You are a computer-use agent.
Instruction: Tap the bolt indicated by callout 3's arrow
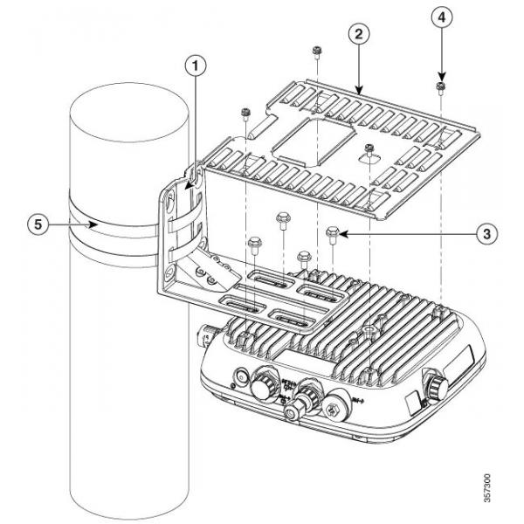point(331,233)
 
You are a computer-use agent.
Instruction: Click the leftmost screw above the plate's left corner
point(247,114)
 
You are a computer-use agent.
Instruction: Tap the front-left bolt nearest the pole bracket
point(254,245)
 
